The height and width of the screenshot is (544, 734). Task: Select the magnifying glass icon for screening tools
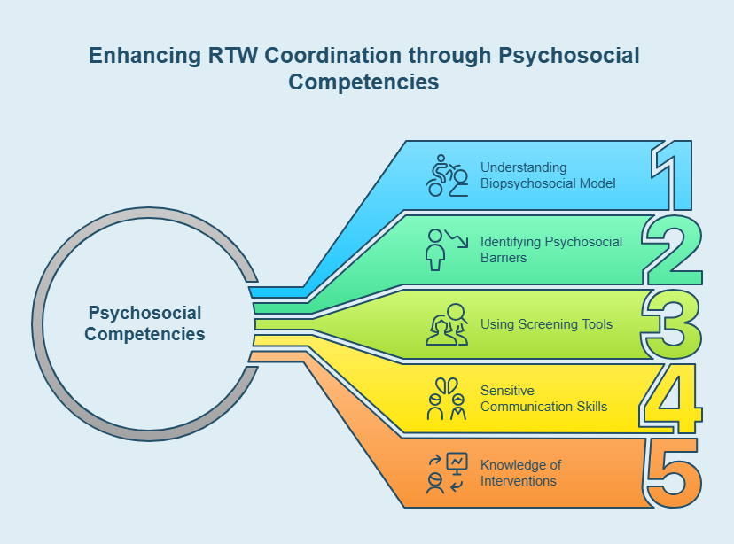click(448, 323)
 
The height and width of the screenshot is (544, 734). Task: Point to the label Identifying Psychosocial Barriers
click(550, 249)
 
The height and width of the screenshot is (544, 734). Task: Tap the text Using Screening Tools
click(546, 324)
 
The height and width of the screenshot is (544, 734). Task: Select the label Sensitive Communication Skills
click(543, 398)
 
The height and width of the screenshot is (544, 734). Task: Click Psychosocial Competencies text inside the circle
click(144, 323)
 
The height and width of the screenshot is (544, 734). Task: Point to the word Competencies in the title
click(363, 82)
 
